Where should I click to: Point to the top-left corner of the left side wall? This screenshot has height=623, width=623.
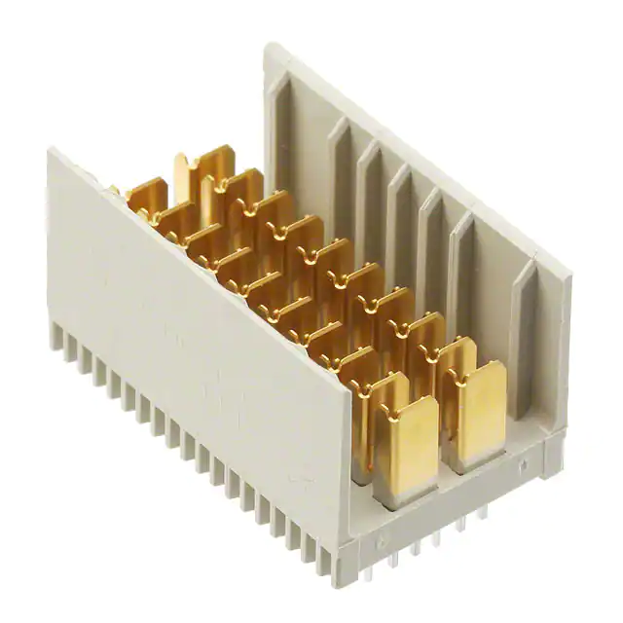tap(51, 151)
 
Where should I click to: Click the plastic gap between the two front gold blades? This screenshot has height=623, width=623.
tap(438, 458)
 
